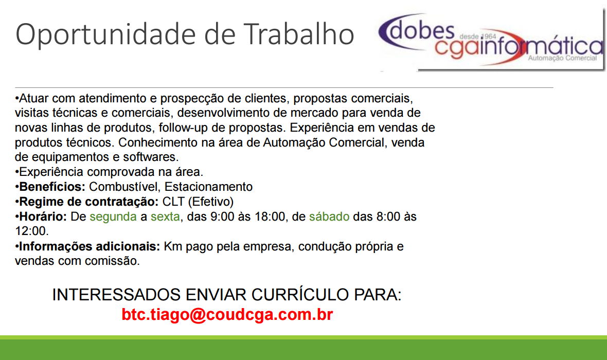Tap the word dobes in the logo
[422, 30]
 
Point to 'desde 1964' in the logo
[478, 37]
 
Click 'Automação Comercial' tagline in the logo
[562, 58]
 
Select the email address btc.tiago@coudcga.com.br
[227, 314]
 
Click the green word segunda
[113, 217]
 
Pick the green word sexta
[165, 217]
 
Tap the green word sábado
[329, 217]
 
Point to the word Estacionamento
[208, 187]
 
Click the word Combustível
[123, 187]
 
